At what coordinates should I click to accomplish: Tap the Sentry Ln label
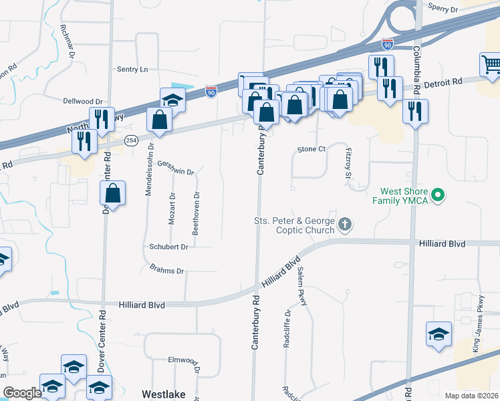click(132, 69)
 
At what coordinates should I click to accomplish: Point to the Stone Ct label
click(311, 148)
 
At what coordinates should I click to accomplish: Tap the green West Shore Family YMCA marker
click(438, 196)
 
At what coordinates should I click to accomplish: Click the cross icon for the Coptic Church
click(345, 225)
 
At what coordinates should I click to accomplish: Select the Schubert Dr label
click(168, 246)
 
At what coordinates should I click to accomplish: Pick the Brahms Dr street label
click(166, 271)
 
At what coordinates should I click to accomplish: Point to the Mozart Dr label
click(172, 209)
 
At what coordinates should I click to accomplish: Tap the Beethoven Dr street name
click(196, 213)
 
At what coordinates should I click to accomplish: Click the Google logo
click(22, 393)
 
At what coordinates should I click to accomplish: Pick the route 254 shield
click(131, 140)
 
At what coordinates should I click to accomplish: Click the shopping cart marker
click(491, 65)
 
